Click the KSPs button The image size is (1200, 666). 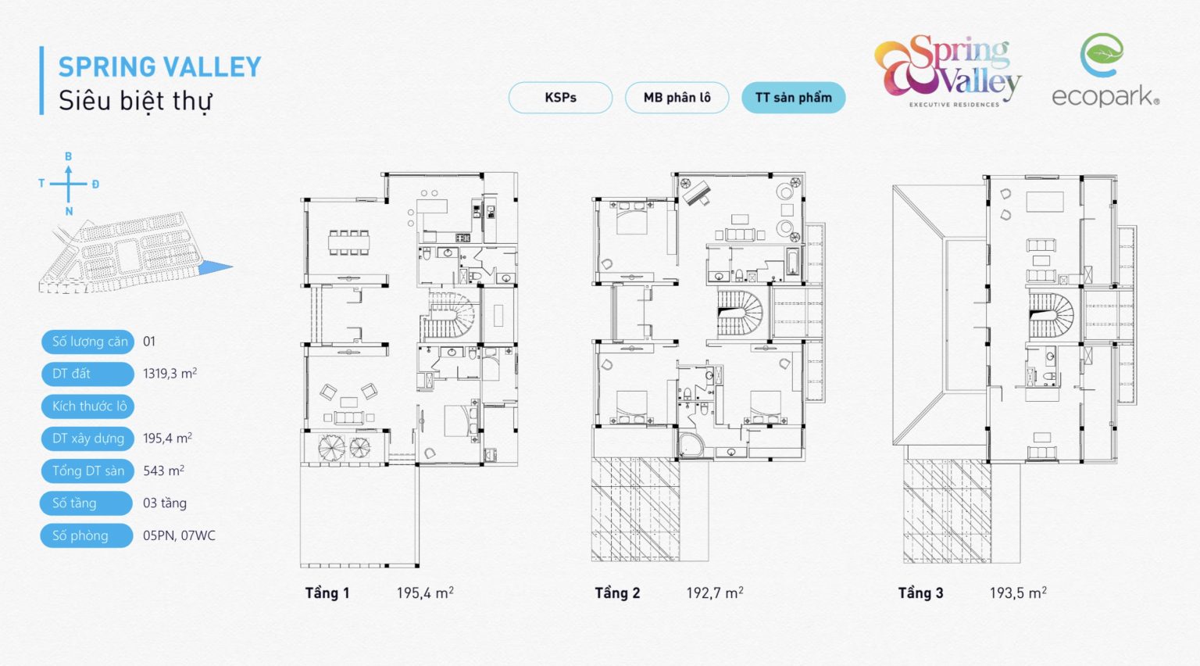pyautogui.click(x=560, y=98)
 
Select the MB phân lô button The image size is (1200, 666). pyautogui.click(x=677, y=98)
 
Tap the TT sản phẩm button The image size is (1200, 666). pyautogui.click(x=794, y=98)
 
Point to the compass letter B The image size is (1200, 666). pyautogui.click(x=69, y=156)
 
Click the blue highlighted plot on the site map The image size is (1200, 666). pyautogui.click(x=216, y=267)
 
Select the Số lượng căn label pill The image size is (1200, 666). pyautogui.click(x=87, y=342)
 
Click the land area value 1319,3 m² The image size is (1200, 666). pyautogui.click(x=170, y=373)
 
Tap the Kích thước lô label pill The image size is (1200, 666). pyautogui.click(x=87, y=406)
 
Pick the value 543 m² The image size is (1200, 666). pyautogui.click(x=163, y=471)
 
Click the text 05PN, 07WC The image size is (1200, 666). pyautogui.click(x=179, y=535)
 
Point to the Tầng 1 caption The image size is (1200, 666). pyautogui.click(x=327, y=593)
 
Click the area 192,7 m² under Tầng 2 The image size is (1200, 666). pyautogui.click(x=715, y=593)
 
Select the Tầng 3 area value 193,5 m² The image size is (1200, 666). pyautogui.click(x=1018, y=593)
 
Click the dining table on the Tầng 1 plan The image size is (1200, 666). pyautogui.click(x=348, y=242)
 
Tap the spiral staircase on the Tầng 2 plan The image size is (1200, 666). pyautogui.click(x=740, y=313)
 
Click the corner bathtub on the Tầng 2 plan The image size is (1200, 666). pyautogui.click(x=692, y=445)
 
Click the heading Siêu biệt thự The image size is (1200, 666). pyautogui.click(x=135, y=101)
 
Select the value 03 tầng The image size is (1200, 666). pyautogui.click(x=165, y=503)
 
